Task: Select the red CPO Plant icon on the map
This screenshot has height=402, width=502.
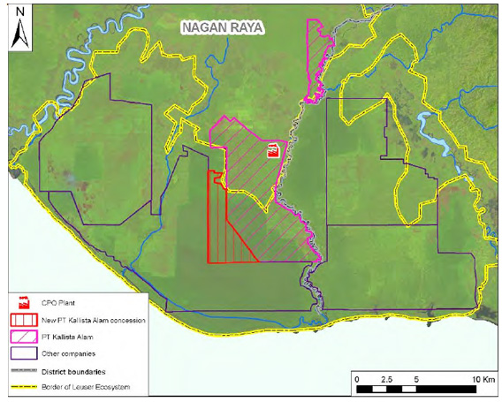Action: (x=273, y=152)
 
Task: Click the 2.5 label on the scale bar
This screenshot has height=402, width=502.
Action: (x=385, y=379)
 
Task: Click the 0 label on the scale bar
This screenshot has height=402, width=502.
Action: (x=357, y=379)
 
